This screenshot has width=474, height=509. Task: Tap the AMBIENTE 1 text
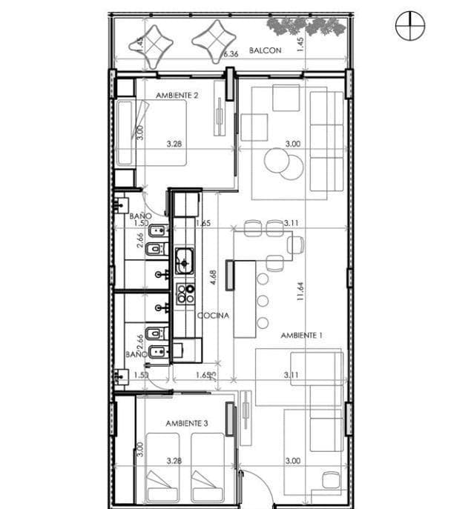(302, 336)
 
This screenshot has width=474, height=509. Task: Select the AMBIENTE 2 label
(177, 96)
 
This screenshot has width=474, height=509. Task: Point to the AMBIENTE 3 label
(186, 423)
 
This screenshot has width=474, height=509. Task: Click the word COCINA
(213, 315)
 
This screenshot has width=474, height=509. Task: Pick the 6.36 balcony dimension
(231, 54)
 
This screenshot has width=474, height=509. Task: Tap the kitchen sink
(184, 262)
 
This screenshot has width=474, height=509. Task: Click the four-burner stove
(184, 293)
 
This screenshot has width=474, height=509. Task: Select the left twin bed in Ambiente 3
(166, 467)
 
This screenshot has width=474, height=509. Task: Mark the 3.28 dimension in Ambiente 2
(174, 144)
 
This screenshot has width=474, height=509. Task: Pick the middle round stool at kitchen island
(263, 300)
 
